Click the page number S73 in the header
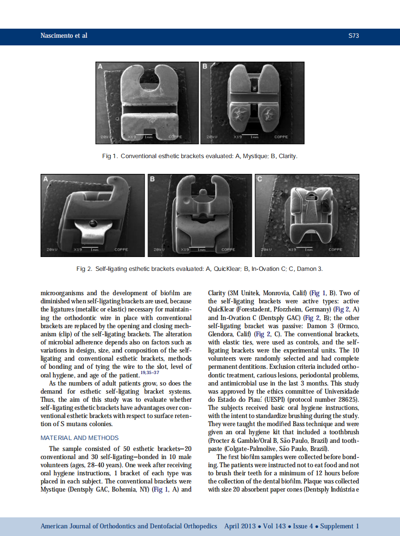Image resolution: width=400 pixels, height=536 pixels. [353, 36]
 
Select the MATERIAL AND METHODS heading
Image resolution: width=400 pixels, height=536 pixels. [79, 438]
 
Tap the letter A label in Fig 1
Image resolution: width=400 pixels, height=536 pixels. [101, 67]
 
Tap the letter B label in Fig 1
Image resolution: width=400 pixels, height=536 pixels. [204, 67]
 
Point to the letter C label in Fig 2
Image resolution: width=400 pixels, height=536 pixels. [260, 180]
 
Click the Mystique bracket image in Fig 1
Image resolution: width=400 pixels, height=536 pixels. [147, 103]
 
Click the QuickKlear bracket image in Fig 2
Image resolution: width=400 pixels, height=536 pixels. [93, 215]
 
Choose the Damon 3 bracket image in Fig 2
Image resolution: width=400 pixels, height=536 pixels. [307, 215]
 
